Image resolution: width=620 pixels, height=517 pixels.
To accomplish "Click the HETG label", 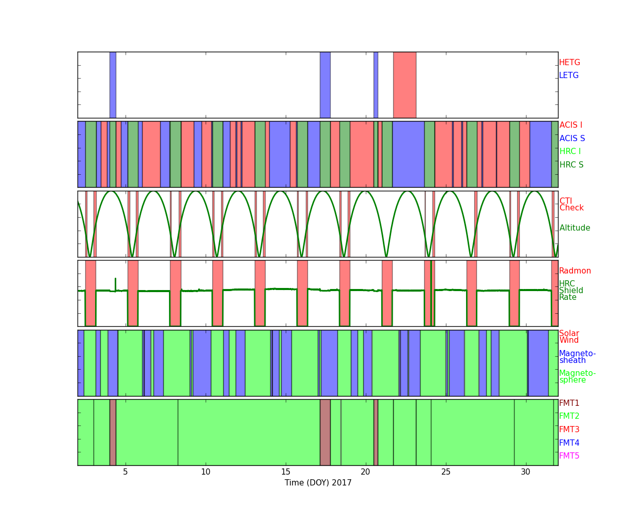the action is point(569,63).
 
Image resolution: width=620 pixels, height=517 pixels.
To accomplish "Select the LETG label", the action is point(569,75).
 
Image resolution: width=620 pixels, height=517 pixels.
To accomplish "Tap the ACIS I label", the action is point(571,125).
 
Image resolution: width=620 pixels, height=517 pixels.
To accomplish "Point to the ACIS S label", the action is point(572,138).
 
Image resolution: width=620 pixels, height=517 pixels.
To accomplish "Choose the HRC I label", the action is point(570,151).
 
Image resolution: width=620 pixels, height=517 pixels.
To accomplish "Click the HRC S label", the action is point(571,164).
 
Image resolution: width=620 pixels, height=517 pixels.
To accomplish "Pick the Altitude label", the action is point(575,228).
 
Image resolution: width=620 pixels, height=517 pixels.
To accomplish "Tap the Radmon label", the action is point(575,271).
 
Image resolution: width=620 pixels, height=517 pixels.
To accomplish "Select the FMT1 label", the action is point(569,403).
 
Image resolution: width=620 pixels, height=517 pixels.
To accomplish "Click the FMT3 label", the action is point(569,429).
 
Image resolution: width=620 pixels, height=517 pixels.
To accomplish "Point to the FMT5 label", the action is point(569,456).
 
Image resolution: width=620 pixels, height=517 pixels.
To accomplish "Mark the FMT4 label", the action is point(569,443).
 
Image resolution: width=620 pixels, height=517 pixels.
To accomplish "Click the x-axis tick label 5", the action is point(126,472).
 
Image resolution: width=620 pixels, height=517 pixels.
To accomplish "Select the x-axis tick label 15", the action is point(286,472).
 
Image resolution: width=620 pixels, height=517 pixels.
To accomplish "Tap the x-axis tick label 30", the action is point(525,472).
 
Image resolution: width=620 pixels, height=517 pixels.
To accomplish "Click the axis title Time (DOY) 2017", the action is point(318,483).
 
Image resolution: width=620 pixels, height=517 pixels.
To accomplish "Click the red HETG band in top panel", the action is point(405,85).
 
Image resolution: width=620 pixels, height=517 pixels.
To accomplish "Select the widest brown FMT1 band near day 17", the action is point(325,432).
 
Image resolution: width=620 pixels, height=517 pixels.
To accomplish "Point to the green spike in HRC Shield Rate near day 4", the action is point(115,284).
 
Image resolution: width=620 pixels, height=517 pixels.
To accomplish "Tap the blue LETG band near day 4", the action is point(113,85).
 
